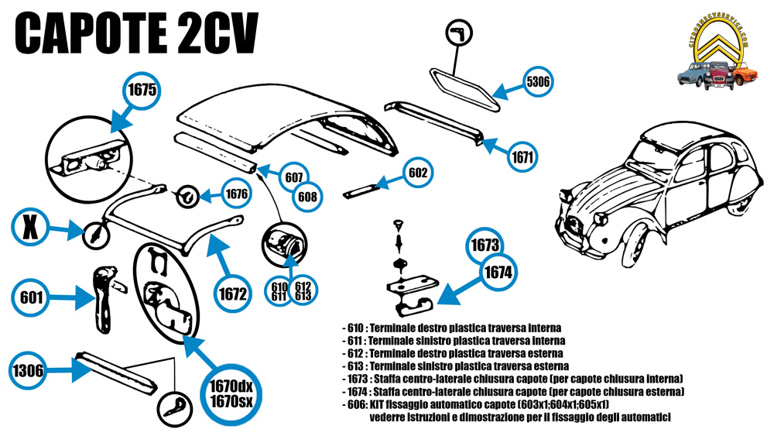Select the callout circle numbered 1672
[232, 294]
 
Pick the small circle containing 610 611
[279, 292]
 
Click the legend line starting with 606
[474, 404]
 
